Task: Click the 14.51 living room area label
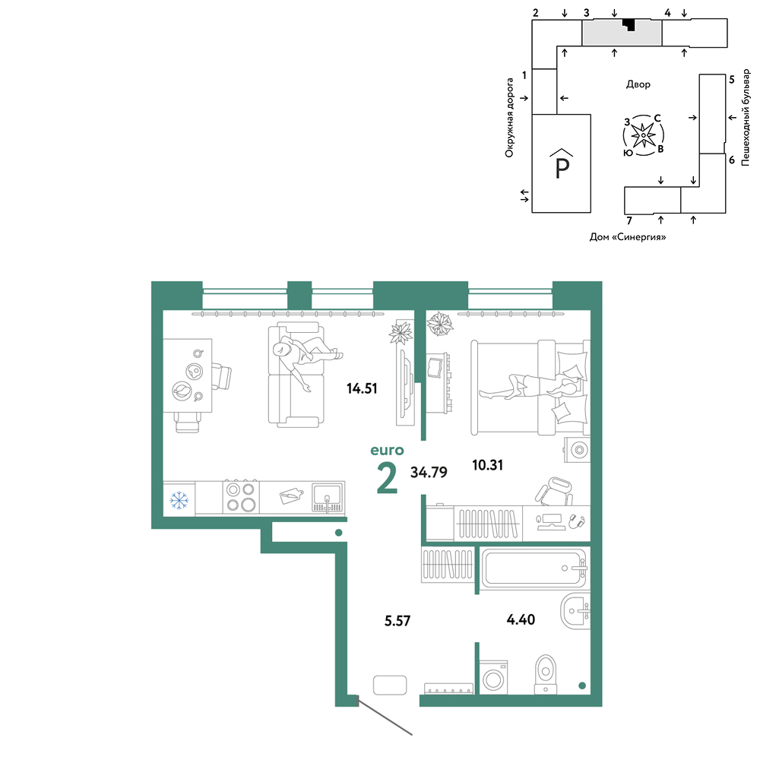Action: coord(362,388)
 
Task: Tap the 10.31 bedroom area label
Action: coord(488,465)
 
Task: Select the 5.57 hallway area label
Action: coord(397,620)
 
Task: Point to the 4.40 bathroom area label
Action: coord(521,619)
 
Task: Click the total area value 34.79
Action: coord(429,472)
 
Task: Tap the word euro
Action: coord(387,450)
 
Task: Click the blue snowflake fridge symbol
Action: coord(179,500)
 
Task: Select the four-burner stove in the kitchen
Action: coord(242,497)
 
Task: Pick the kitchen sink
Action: coord(328,497)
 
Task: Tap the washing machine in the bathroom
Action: coord(493,677)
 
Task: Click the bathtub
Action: coord(534,568)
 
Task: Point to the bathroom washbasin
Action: coord(575,611)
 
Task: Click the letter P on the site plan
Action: coord(562,169)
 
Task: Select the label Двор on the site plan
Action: coord(638,84)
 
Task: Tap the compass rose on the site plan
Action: coord(643,135)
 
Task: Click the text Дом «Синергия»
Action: coord(628,237)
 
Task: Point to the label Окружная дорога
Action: coord(509,118)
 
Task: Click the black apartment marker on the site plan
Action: coord(629,24)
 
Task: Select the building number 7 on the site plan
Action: coord(629,221)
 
